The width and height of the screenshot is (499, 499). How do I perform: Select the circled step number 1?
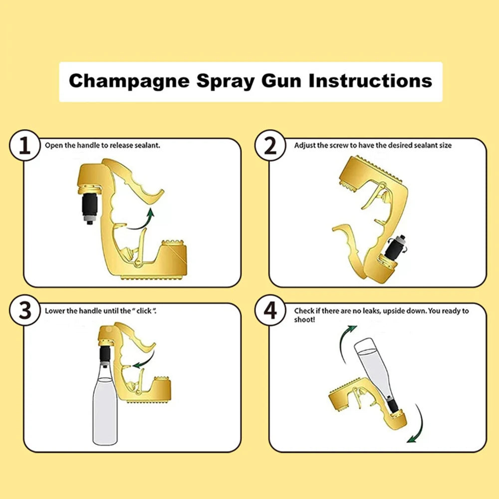pos(23,146)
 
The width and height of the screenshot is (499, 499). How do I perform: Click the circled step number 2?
pos(270,146)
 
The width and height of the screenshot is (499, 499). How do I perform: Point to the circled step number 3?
pos(23,311)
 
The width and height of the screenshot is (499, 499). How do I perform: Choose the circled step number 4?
pos(270,311)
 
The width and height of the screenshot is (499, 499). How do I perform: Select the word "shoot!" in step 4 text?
pos(304,319)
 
